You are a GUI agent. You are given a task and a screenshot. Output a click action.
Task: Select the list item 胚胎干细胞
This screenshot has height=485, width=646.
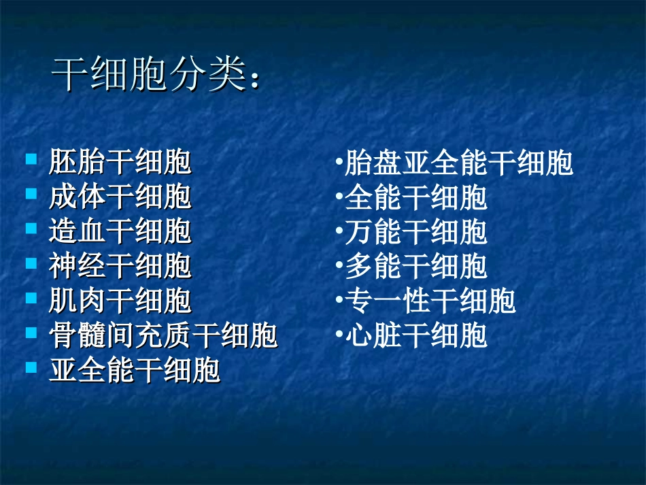coord(120,163)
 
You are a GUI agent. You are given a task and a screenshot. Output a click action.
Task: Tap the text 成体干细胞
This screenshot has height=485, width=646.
coord(120,198)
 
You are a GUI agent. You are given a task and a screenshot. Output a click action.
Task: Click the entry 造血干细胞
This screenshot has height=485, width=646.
coord(120,233)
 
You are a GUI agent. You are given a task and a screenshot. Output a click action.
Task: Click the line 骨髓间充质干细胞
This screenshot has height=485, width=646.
coord(163,336)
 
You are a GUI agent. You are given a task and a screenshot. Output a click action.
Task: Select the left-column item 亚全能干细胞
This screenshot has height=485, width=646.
coord(134,371)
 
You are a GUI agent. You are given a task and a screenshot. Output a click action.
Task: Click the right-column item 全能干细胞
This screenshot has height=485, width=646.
coord(416,198)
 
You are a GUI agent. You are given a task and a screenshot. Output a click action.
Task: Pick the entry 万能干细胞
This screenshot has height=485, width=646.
coord(416,233)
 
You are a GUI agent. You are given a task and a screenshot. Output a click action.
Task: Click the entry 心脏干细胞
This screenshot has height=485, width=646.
coord(416,336)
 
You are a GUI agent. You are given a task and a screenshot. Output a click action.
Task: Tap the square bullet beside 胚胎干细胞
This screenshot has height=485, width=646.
coord(31,160)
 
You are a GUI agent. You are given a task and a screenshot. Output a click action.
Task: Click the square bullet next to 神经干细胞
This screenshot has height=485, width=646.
coord(31,263)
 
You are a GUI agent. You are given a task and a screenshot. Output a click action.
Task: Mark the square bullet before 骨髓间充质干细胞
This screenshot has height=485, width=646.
coord(31,333)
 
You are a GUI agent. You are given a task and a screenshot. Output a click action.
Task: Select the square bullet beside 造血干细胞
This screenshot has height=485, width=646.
coord(31,229)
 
